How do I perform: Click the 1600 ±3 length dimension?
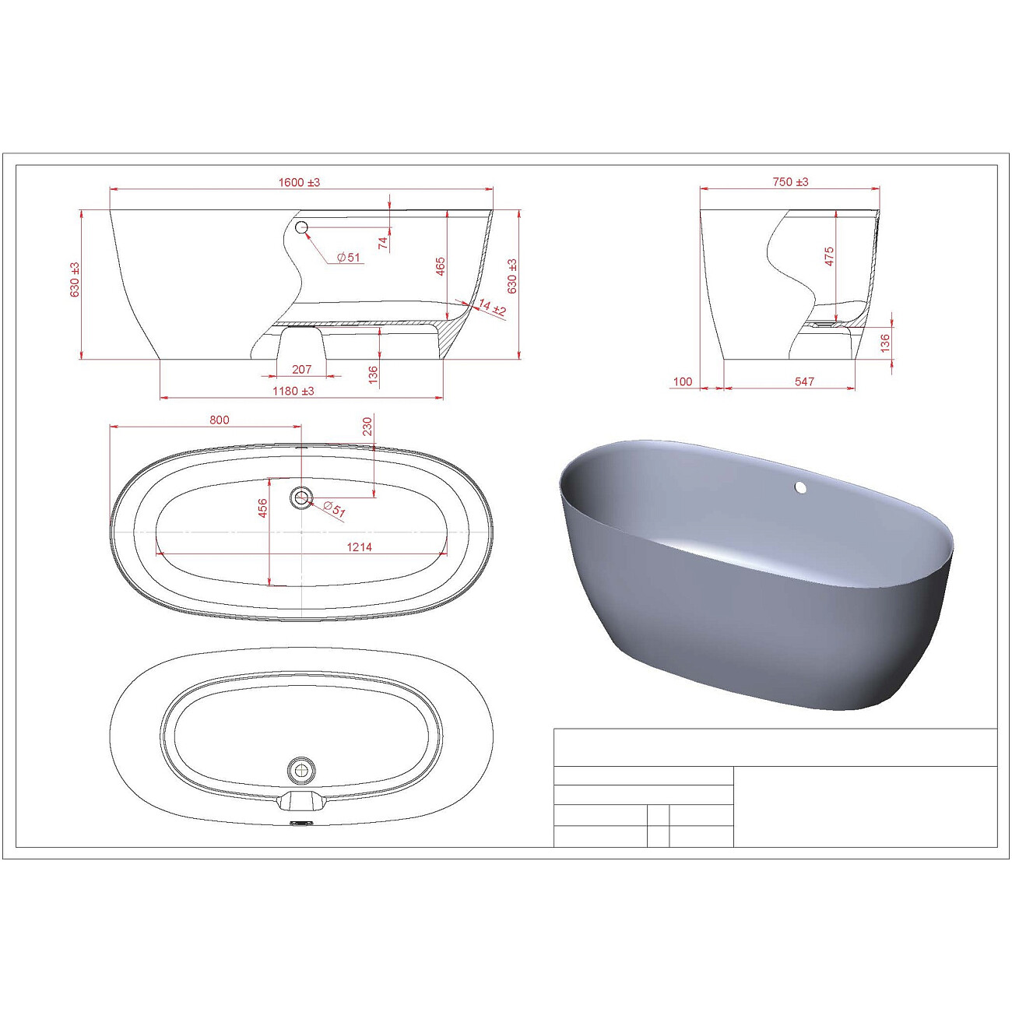coord(299,182)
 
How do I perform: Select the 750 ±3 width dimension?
coord(790,181)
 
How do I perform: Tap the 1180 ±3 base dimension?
coord(293,391)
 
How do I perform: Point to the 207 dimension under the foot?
coord(301,369)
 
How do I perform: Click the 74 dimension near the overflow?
coord(383,243)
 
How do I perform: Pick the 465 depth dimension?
coord(441,266)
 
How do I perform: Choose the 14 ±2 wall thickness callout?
coord(492,307)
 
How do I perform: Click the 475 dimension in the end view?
coord(829,257)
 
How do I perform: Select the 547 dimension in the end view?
coord(804,381)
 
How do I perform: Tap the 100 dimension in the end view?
coord(682,381)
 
